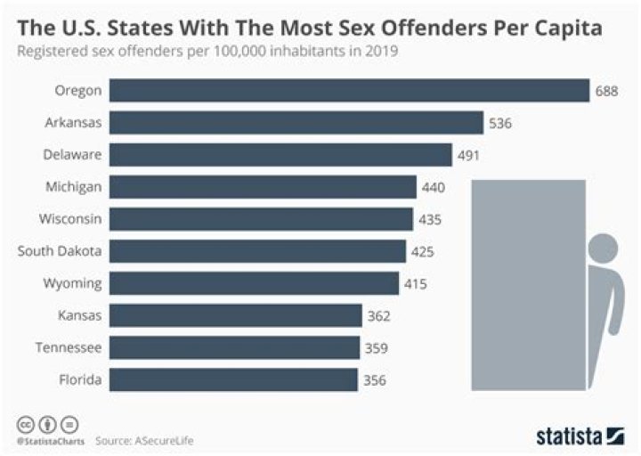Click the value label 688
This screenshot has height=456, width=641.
pos(606,91)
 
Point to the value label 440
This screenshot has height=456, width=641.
pos(434,187)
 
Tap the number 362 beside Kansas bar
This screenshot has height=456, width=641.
pos(378,316)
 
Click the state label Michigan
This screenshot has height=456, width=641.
pos(74,187)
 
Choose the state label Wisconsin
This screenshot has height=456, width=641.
pos(70,219)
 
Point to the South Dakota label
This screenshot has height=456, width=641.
pos(60,252)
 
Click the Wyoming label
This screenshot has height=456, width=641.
pos(74,284)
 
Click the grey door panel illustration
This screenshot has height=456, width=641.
pos(528,285)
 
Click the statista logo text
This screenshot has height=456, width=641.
pos(569,436)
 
